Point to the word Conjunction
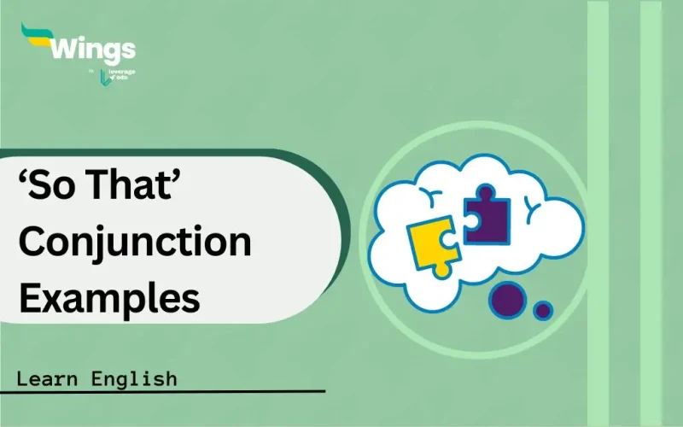135,243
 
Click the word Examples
109,298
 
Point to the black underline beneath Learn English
162,393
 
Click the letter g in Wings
114,51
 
